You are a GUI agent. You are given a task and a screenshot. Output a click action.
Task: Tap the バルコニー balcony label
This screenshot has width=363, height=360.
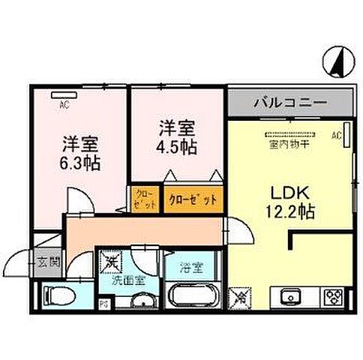(288, 101)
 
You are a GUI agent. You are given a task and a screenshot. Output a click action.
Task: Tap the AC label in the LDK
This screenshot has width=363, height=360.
(337, 136)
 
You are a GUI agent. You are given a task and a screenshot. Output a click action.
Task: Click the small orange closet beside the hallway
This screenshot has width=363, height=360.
(144, 199)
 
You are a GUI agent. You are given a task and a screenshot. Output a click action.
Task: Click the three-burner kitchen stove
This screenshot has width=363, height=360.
(331, 295)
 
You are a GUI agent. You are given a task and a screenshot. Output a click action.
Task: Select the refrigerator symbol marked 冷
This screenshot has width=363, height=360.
(242, 296)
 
